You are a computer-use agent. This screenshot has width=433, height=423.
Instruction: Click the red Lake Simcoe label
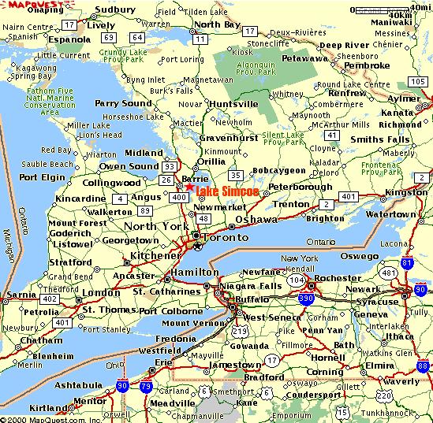(x=223, y=191)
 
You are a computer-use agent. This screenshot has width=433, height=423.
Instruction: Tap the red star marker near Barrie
(x=191, y=187)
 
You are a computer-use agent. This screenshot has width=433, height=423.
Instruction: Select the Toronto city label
(x=225, y=236)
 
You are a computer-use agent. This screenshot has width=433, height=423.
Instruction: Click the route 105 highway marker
(x=418, y=80)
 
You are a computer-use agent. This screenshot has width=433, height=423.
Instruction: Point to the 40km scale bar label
(x=401, y=15)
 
